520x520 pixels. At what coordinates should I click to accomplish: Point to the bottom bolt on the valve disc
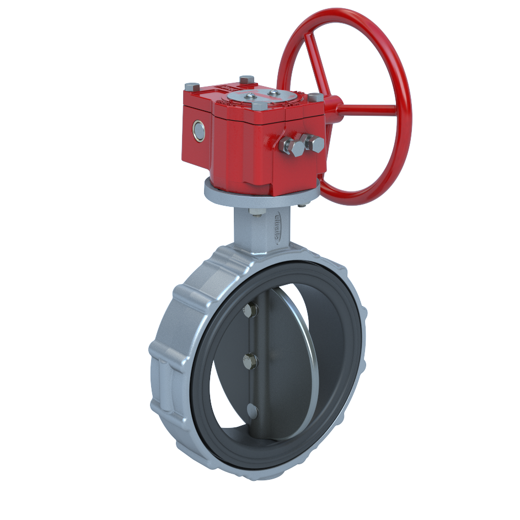pyautogui.click(x=252, y=410)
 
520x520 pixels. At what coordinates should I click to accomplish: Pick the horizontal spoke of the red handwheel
pyautogui.click(x=367, y=108)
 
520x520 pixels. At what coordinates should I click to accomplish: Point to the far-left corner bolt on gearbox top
pyautogui.click(x=192, y=87)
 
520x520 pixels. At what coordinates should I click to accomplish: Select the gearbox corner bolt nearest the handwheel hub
pyautogui.click(x=315, y=98)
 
